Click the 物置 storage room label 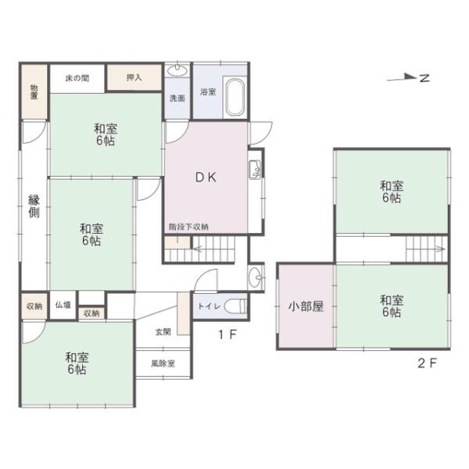(x=34, y=91)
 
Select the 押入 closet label (x=134, y=77)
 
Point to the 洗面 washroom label (x=177, y=98)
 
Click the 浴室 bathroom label (x=207, y=92)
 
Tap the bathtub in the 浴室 (x=235, y=97)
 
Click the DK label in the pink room (x=206, y=177)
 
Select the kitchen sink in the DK (x=255, y=169)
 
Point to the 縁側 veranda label (x=34, y=207)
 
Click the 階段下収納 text (x=188, y=227)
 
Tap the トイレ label (x=208, y=306)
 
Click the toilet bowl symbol (x=234, y=306)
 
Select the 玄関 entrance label (x=162, y=332)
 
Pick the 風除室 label (x=163, y=363)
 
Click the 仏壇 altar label (x=63, y=305)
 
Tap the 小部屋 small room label (x=305, y=306)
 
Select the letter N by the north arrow (x=424, y=77)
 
